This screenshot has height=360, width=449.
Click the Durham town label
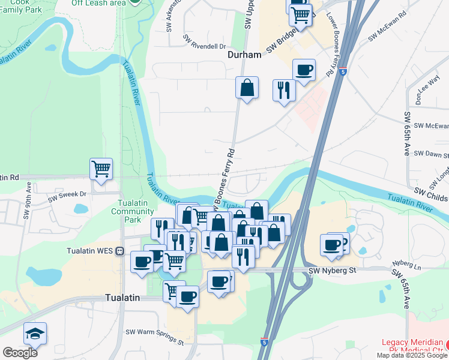pyautogui.click(x=244, y=55)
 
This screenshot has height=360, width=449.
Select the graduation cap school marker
pyautogui.click(x=35, y=334)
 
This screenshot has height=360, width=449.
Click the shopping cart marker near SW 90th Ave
pyautogui.click(x=101, y=169)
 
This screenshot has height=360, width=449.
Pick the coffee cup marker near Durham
pyautogui.click(x=304, y=70)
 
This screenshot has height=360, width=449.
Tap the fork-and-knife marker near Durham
pyautogui.click(x=284, y=91)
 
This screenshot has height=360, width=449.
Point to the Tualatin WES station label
pyautogui.click(x=91, y=251)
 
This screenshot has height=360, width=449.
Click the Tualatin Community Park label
pyautogui.click(x=132, y=211)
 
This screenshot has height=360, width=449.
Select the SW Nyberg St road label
pyautogui.click(x=333, y=271)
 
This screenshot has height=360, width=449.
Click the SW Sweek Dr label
pyautogui.click(x=67, y=194)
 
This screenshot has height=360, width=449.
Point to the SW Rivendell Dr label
pyautogui.click(x=204, y=45)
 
